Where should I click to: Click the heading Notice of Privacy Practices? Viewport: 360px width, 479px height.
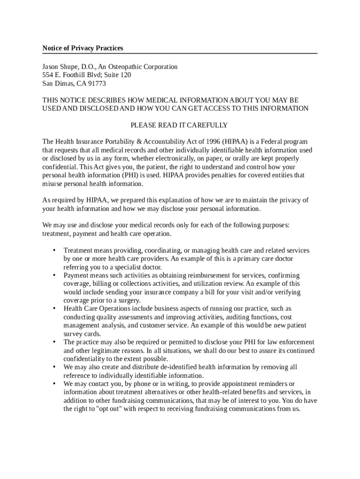[83, 48]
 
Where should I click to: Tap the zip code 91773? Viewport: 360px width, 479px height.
[96, 84]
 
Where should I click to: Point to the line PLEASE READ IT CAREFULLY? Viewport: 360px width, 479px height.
[179, 125]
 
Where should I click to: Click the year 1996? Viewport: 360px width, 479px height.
[211, 142]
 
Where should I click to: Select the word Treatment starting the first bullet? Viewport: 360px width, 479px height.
[78, 251]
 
